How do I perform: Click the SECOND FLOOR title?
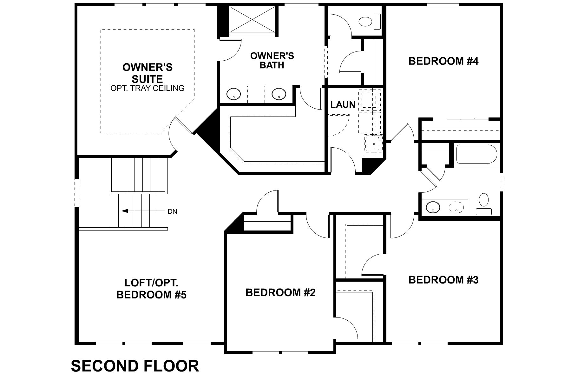(135, 366)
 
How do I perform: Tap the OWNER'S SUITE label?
(148, 73)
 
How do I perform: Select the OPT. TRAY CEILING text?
(148, 88)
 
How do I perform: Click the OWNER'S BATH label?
(272, 60)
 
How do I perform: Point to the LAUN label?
(343, 104)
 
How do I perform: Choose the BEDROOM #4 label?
(443, 61)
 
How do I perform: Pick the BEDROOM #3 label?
(443, 280)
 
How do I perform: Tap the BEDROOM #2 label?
(280, 292)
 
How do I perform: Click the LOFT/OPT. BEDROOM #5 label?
(151, 289)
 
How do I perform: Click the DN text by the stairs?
(173, 211)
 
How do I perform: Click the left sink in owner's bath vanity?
(233, 94)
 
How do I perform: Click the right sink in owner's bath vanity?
(279, 94)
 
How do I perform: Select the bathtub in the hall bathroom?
(476, 155)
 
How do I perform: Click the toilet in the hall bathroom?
(484, 204)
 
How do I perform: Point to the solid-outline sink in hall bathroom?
(433, 208)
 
